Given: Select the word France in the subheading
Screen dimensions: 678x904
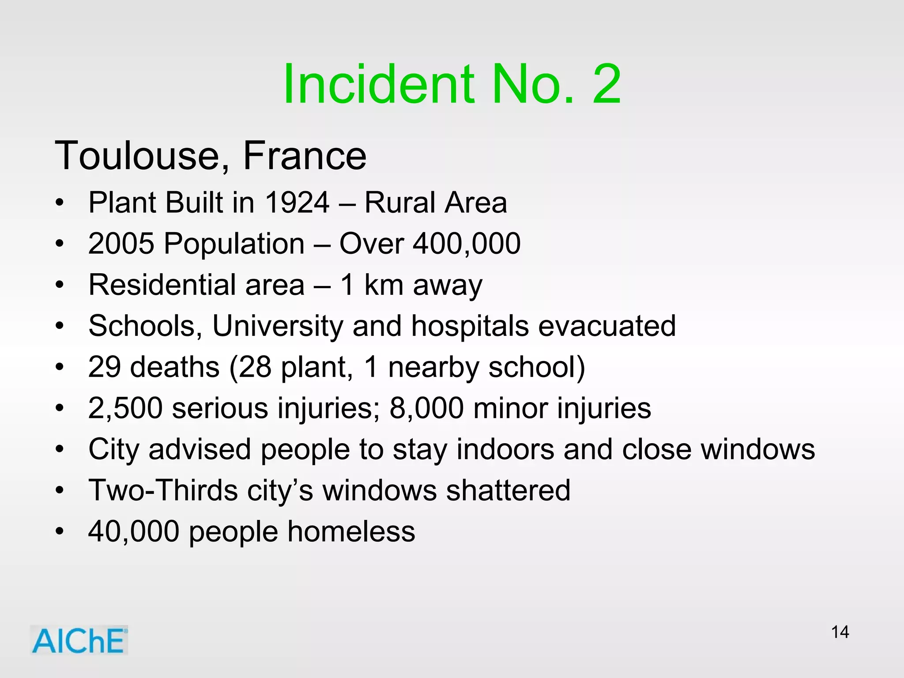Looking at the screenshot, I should (305, 156).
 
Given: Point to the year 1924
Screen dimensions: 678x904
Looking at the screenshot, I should (297, 203).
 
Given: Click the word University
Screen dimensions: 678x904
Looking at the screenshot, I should (278, 326).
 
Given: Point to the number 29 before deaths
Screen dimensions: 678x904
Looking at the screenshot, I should (105, 367).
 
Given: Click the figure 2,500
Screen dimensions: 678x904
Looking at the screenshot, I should (125, 408).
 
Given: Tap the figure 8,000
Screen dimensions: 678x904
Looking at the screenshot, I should (426, 408).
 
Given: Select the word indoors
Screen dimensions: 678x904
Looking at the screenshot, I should (505, 449).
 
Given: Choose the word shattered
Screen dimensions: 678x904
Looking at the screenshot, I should (508, 490).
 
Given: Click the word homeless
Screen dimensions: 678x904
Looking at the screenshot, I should (351, 531).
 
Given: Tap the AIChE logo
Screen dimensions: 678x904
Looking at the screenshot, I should (79, 640).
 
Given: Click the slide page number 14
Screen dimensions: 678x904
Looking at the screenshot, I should (840, 632).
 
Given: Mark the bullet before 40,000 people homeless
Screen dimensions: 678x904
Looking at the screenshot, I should (60, 531).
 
